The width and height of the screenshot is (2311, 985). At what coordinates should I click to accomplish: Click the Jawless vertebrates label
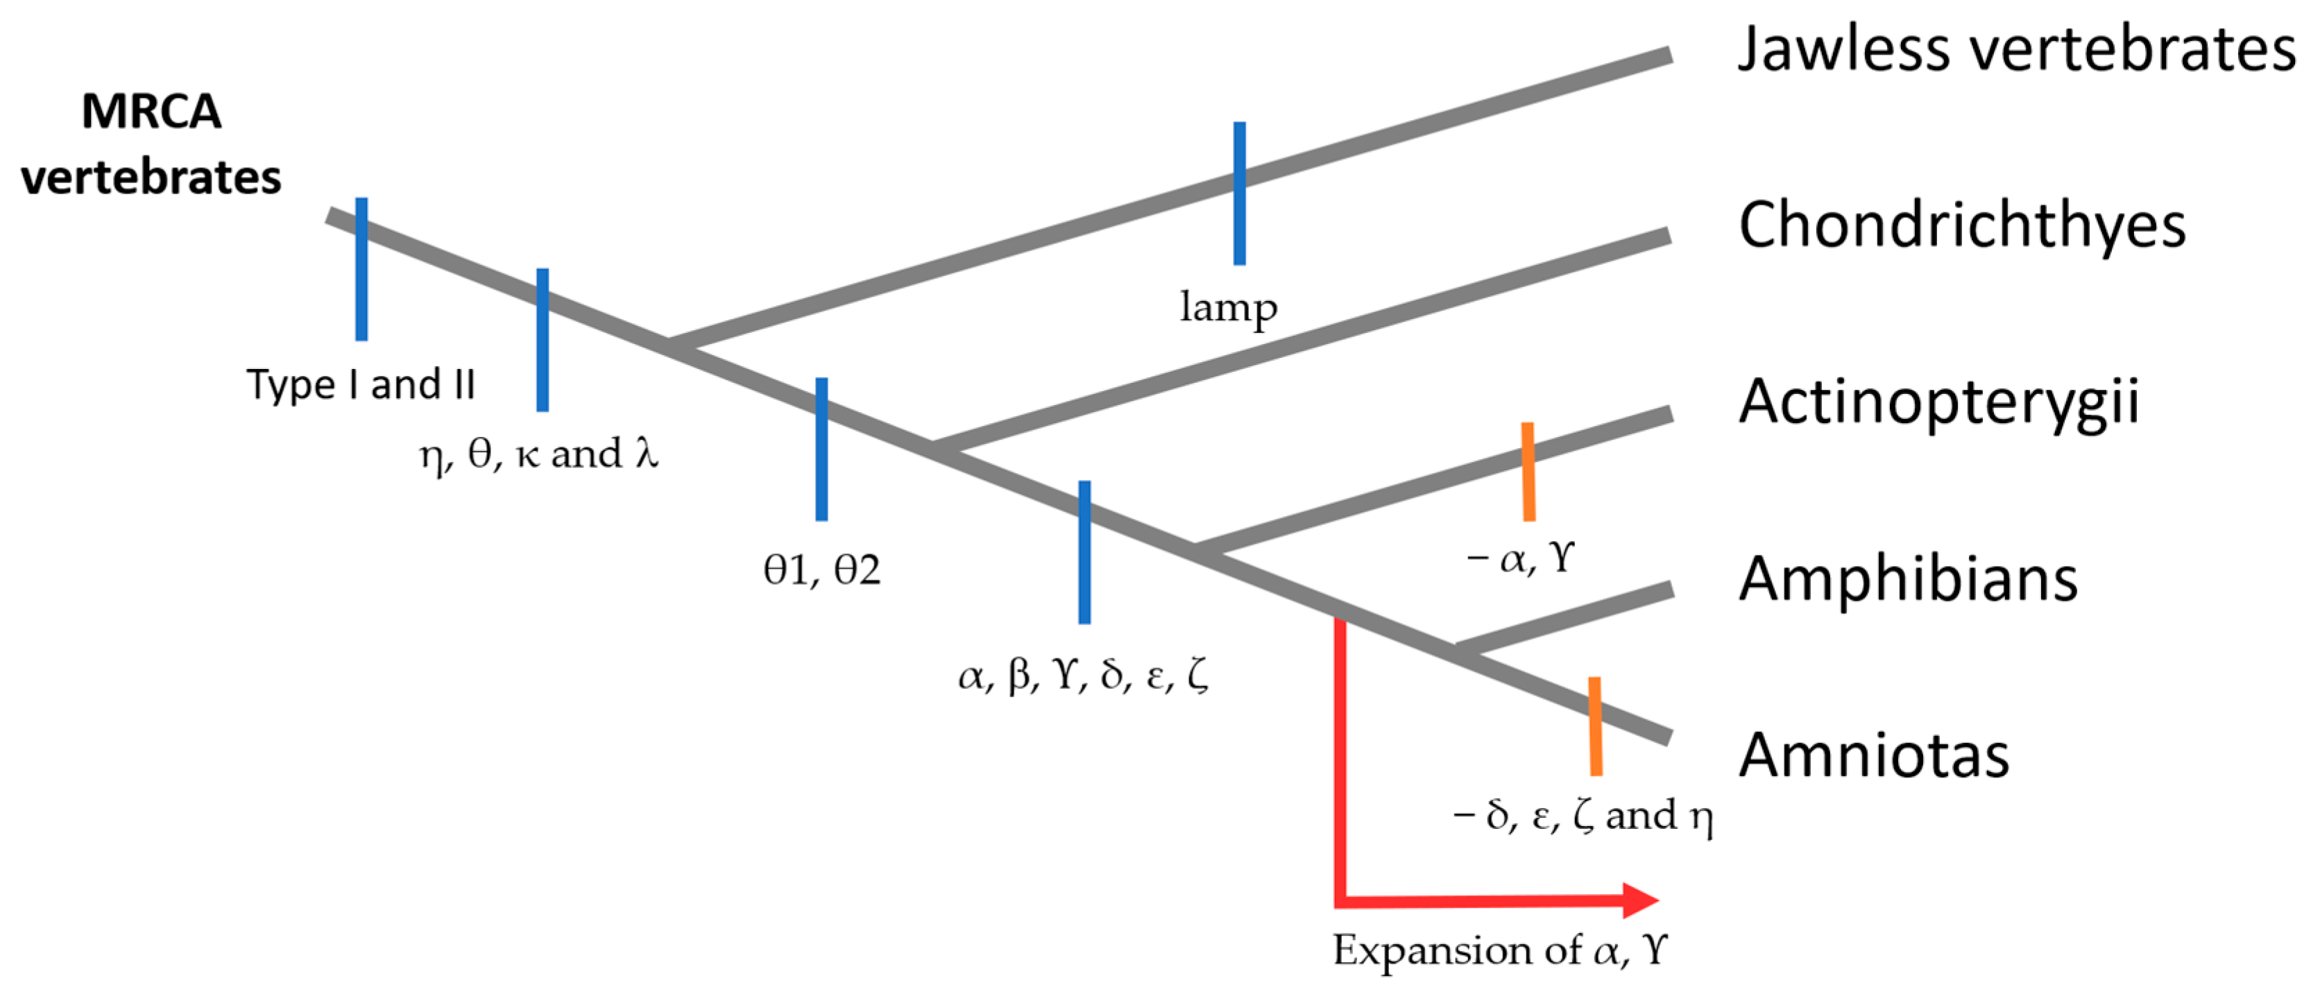coord(2015,49)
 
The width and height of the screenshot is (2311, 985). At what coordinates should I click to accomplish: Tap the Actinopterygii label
coord(1938,402)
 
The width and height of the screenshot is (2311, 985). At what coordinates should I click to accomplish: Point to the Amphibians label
coord(1907,579)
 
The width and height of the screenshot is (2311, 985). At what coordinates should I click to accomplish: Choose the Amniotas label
coord(1873,755)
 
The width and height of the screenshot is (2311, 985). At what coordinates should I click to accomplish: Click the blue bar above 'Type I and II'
coord(361,269)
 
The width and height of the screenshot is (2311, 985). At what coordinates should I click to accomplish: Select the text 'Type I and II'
coord(361,385)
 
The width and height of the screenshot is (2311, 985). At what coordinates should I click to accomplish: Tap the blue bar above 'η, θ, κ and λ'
coord(543,340)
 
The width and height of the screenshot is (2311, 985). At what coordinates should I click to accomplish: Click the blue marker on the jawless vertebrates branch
coord(1239,193)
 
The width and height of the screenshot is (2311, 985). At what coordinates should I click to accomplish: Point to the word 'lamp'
coord(1228,308)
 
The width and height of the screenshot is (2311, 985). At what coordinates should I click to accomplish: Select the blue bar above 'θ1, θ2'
coord(821,449)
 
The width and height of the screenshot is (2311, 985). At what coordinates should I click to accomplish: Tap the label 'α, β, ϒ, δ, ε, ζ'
coord(1083,675)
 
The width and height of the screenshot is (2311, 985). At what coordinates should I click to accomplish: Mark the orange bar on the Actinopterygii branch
coord(1528,472)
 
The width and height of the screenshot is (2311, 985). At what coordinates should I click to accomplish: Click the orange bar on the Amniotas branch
coord(1595,726)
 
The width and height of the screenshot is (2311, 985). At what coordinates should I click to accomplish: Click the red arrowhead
coord(1641,900)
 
